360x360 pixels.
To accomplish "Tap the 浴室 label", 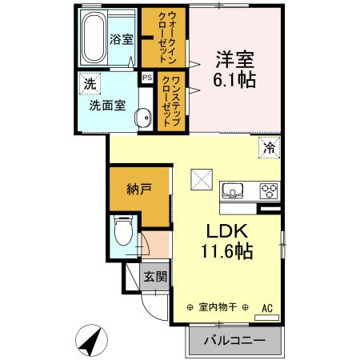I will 121,38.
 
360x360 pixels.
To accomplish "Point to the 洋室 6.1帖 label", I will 234,70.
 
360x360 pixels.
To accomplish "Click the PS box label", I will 147,78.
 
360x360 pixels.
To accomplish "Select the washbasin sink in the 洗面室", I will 142,118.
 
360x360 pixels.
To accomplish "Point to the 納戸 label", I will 138,190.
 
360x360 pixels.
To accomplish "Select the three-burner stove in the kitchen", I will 267,190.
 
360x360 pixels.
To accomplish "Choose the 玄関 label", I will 154,277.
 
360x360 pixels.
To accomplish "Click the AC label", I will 267,306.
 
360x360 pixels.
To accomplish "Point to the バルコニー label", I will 234,339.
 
